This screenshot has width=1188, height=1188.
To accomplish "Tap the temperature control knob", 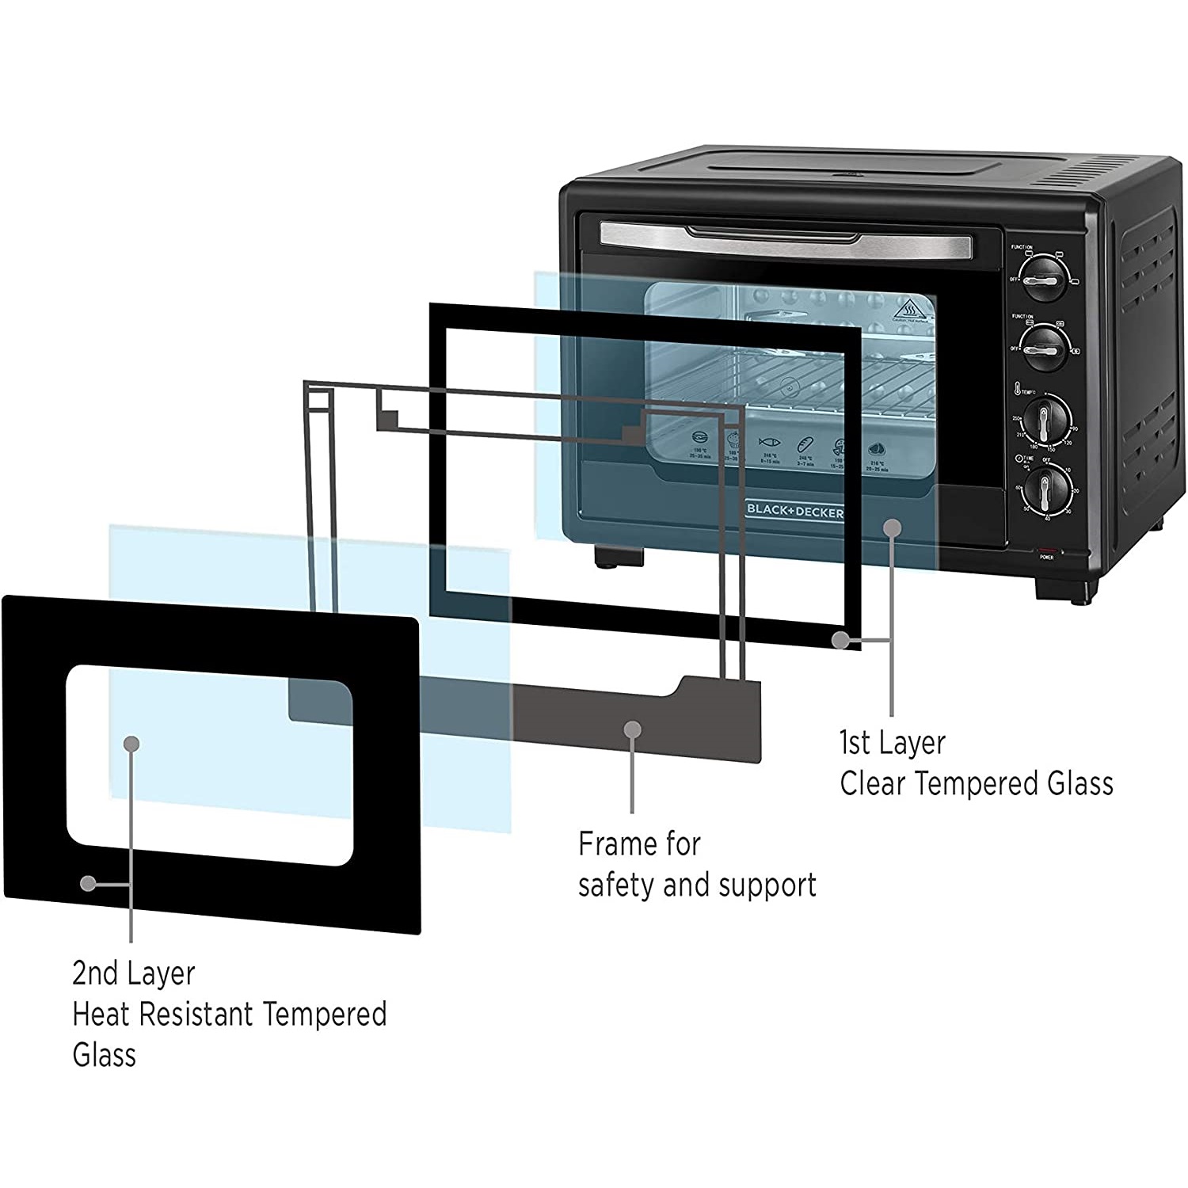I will pyautogui.click(x=1045, y=419).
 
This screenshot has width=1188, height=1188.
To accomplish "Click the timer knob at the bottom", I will pyautogui.click(x=1045, y=489).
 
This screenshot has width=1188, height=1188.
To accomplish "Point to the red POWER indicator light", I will pyautogui.click(x=1047, y=550).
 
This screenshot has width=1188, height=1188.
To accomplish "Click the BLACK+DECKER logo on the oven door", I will pyautogui.click(x=794, y=512).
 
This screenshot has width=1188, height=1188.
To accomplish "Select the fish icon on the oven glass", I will pyautogui.click(x=769, y=442).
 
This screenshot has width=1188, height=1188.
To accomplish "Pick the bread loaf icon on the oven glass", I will pyautogui.click(x=805, y=444).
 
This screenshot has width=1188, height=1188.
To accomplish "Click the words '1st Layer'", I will pyautogui.click(x=892, y=743).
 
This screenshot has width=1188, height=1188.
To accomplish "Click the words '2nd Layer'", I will pyautogui.click(x=133, y=973).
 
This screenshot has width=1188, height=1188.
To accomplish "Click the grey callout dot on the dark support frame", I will pyautogui.click(x=632, y=729).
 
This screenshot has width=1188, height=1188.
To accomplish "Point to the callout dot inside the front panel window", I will pyautogui.click(x=132, y=743).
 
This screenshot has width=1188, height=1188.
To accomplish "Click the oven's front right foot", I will pyautogui.click(x=1066, y=589).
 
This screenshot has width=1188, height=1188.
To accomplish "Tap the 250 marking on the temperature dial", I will pyautogui.click(x=1016, y=419).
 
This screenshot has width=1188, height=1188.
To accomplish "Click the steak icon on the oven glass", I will pyautogui.click(x=876, y=450).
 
